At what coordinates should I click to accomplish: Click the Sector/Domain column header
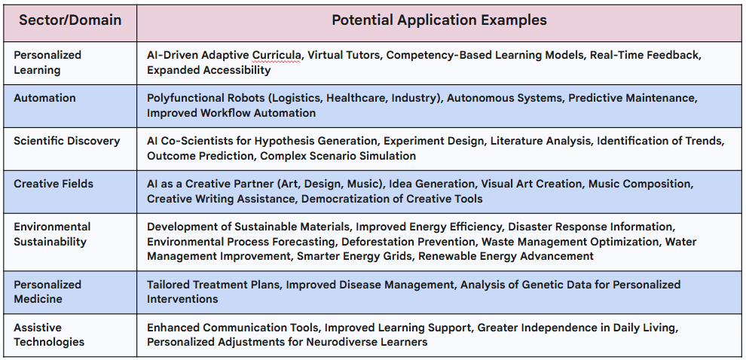[x=70, y=20]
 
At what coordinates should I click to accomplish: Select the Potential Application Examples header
[x=439, y=20]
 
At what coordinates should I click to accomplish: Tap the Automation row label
[x=44, y=98]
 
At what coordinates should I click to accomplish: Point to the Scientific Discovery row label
[x=66, y=141]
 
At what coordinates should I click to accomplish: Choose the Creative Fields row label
[x=54, y=184]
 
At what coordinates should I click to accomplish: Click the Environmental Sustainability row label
[x=52, y=234]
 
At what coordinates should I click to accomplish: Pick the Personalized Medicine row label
[x=47, y=291]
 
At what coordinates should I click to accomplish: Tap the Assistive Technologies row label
[x=49, y=334]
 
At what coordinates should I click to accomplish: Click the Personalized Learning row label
[x=47, y=63]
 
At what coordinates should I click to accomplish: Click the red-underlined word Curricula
[x=277, y=55]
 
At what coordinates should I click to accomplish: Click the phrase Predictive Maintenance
[x=632, y=98]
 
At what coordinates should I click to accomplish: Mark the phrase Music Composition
[x=640, y=184]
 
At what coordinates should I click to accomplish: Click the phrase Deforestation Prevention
[x=408, y=242]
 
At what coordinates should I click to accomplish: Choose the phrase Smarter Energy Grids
[x=354, y=256]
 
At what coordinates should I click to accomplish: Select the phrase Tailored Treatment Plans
[x=212, y=285]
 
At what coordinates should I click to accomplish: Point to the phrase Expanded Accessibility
[x=209, y=70]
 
